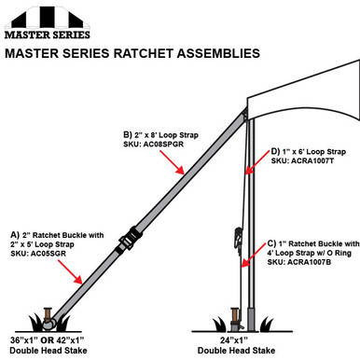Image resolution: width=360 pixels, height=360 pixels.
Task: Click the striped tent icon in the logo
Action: click(x=38, y=14)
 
